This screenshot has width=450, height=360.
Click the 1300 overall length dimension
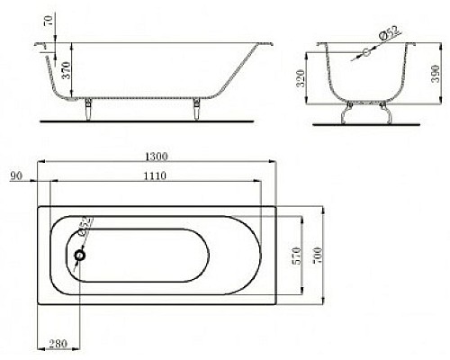[x=157, y=157]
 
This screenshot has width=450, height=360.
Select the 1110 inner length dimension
[x=155, y=175]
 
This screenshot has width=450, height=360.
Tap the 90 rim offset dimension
[x=16, y=175]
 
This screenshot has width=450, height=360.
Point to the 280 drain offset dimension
[x=58, y=344]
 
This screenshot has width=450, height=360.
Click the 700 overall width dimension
[x=318, y=256]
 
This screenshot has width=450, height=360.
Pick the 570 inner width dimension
[x=296, y=256]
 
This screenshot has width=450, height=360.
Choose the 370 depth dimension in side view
[x=66, y=70]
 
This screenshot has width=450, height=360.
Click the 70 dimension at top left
[x=49, y=21]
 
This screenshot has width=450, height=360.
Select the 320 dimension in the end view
[x=301, y=78]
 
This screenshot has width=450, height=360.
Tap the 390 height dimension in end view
[x=436, y=73]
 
